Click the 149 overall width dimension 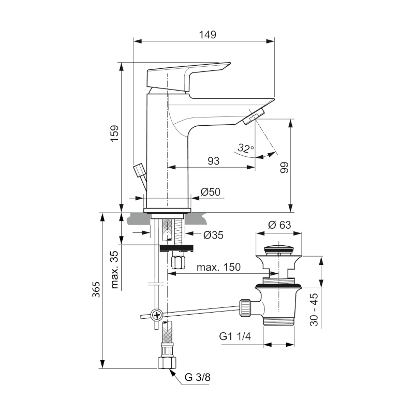pyautogui.click(x=207, y=35)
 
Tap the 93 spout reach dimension pyautogui.click(x=213, y=161)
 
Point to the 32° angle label pyautogui.click(x=246, y=149)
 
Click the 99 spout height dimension pyautogui.click(x=283, y=167)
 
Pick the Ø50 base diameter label pyautogui.click(x=210, y=192)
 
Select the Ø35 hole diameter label pyautogui.click(x=213, y=235)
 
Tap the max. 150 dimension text pyautogui.click(x=219, y=268)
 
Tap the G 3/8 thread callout pyautogui.click(x=198, y=377)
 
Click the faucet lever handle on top pyautogui.click(x=186, y=75)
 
